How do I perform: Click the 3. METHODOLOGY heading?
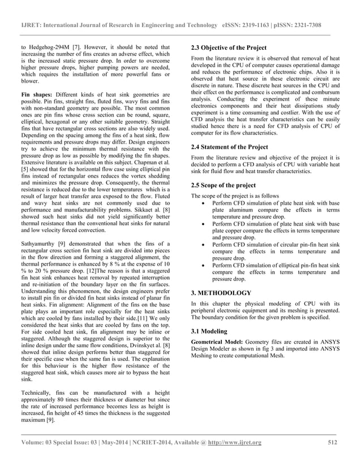click(x=221, y=293)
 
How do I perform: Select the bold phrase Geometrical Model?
click(x=217, y=343)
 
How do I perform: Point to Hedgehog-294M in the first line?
click(x=48, y=47)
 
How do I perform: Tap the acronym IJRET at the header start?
click(x=31, y=26)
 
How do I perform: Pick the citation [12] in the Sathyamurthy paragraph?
click(x=61, y=278)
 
